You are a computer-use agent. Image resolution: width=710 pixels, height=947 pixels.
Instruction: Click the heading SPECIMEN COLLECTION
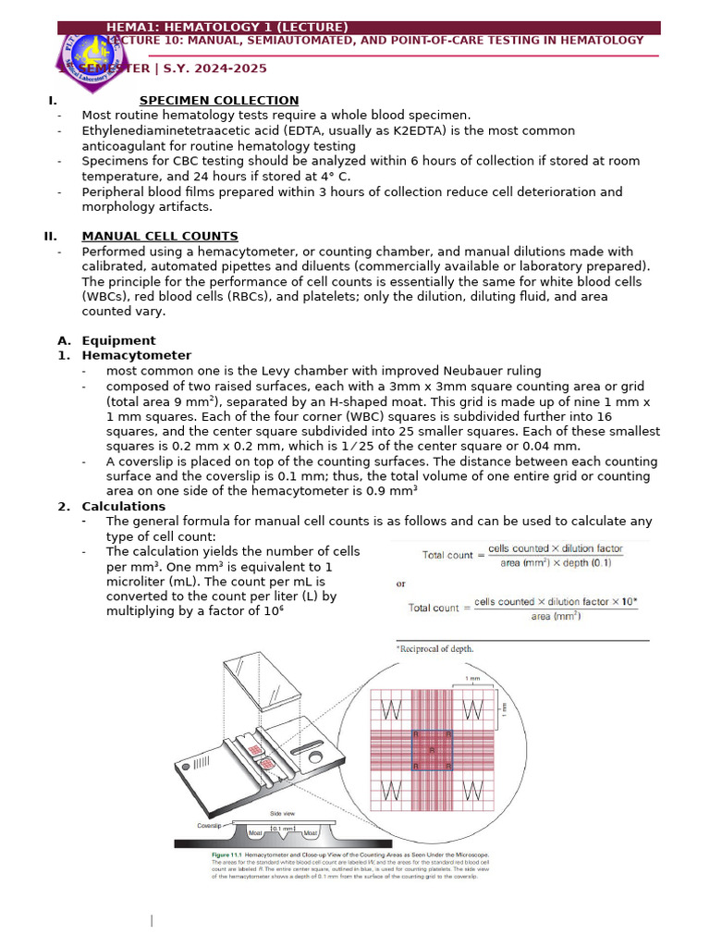(219, 100)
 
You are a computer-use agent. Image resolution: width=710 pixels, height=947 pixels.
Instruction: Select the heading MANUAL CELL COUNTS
(160, 236)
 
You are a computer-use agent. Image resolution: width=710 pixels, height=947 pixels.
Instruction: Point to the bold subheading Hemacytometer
(137, 355)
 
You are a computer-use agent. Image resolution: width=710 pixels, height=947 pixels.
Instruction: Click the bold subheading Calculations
(124, 506)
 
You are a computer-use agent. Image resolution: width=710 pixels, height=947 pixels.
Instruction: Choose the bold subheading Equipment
(119, 340)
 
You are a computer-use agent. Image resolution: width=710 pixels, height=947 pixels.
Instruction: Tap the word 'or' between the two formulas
(400, 584)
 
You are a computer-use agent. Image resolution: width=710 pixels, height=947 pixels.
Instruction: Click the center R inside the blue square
(433, 750)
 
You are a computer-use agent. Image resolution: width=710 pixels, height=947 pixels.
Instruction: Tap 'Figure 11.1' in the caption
(230, 855)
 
